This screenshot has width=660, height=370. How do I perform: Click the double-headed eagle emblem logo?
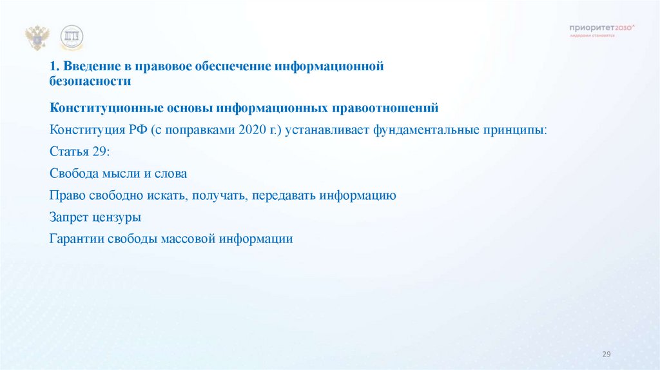tap(37, 38)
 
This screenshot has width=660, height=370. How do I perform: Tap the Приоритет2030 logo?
tap(602, 28)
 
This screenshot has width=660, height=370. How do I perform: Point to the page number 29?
tap(606, 355)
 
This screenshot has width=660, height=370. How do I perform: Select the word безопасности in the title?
tap(90, 82)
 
